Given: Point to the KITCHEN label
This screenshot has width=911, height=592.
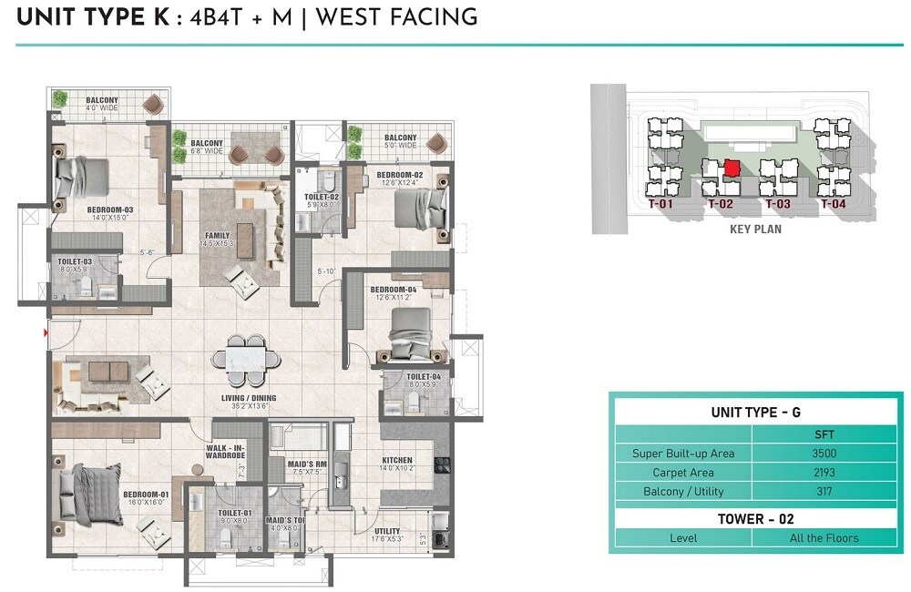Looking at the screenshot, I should (397, 461).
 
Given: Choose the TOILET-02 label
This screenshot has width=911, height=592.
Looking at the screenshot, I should (321, 197).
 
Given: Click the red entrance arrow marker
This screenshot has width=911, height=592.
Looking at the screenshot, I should (46, 334).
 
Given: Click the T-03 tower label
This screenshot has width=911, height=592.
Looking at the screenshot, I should (777, 205).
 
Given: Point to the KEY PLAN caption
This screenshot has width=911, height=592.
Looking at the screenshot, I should (755, 230).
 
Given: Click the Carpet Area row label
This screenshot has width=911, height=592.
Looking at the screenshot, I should (682, 473).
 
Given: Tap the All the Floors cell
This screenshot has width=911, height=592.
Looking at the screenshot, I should (824, 538).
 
